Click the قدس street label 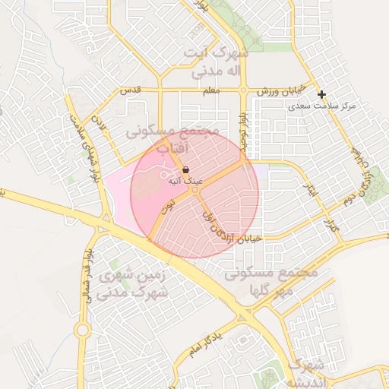[x=131, y=90]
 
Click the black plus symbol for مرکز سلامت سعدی [x=322, y=95]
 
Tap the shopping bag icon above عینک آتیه [x=186, y=170]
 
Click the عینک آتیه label [x=185, y=182]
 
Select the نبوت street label [x=168, y=204]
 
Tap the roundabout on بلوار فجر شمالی [x=82, y=329]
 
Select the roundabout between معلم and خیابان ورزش [x=243, y=90]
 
